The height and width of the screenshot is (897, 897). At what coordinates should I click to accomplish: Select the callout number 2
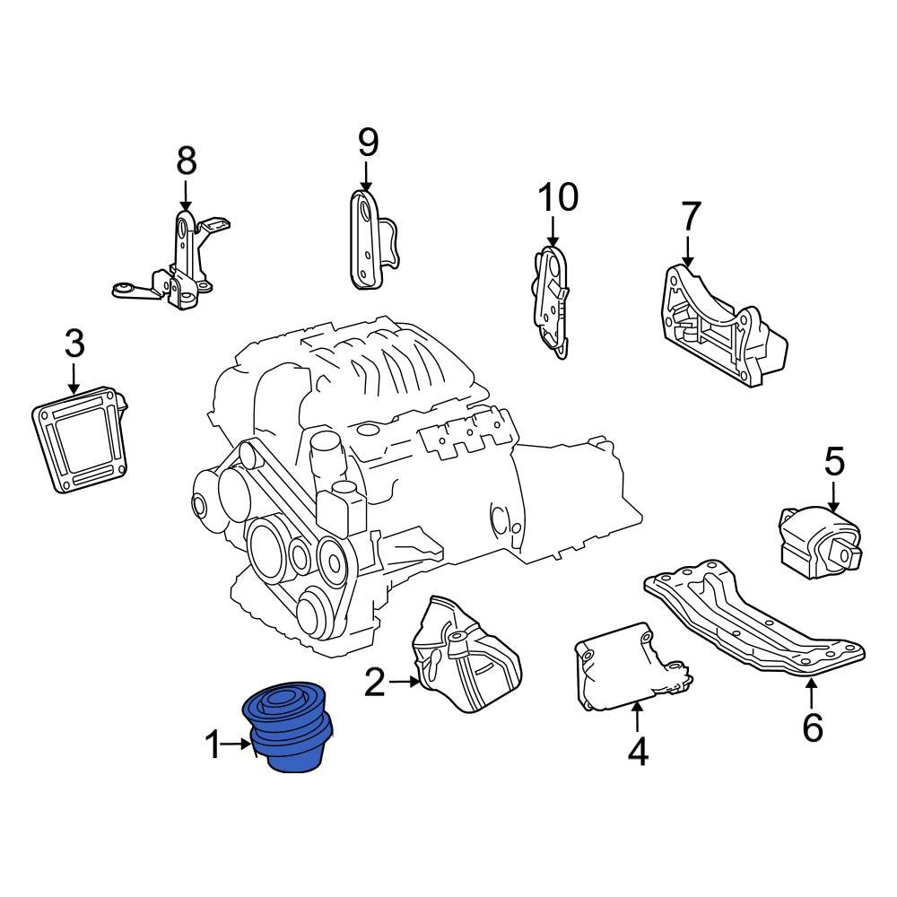point(375,684)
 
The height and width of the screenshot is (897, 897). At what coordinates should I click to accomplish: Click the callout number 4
point(637,752)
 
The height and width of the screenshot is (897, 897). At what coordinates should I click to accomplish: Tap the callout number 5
point(834,463)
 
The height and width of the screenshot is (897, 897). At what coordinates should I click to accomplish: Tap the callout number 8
point(186,161)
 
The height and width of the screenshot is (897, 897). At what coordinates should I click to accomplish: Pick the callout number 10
point(558,196)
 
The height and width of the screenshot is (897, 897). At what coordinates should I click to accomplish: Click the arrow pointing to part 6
point(811,694)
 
